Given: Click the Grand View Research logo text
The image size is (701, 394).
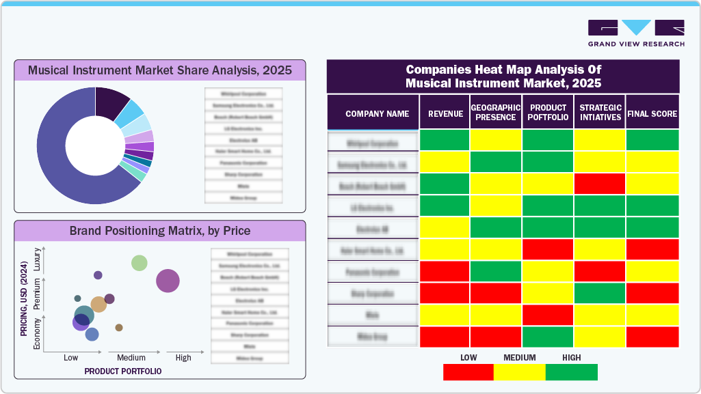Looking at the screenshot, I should click(636, 44).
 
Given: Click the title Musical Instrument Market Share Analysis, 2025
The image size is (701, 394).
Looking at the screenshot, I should click(159, 70).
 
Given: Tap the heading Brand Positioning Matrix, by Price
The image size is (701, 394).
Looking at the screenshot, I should click(159, 231).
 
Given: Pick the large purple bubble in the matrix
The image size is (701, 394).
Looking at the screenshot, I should click(168, 281).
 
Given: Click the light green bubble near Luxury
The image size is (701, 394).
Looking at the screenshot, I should click(140, 263).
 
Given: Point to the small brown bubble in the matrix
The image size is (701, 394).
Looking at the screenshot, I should click(119, 328).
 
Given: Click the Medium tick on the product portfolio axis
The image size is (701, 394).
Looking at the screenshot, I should click(131, 358).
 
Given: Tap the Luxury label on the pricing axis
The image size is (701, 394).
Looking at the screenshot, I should click(37, 262).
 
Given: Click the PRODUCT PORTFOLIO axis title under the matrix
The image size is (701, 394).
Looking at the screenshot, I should click(123, 371).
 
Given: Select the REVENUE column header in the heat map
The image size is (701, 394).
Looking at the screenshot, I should click(445, 114).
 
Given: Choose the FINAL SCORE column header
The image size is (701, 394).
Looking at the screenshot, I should click(652, 114).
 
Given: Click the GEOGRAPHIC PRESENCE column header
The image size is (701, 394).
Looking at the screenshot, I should click(496, 113).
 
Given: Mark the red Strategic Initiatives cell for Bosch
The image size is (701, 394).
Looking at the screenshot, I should click(599, 184).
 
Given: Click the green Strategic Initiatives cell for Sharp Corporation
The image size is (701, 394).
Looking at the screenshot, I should click(599, 293).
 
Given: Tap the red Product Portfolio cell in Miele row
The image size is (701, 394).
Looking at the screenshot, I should click(548, 315).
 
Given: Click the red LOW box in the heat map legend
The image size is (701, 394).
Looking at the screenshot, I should click(468, 372).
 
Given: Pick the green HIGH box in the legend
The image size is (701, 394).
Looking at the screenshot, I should click(572, 372).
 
